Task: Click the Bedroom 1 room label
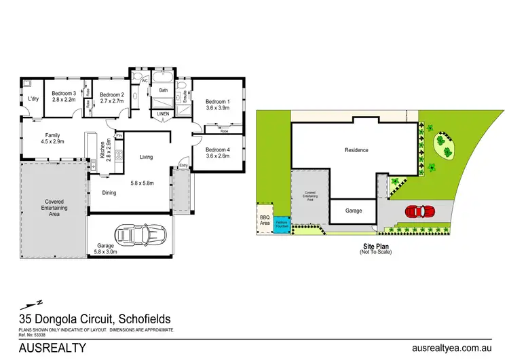pos(219,102)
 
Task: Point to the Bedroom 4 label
pos(218,149)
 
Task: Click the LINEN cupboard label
pos(163,113)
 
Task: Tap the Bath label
pos(163,90)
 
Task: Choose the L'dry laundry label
pos(32,99)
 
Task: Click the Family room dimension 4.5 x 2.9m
pos(52,141)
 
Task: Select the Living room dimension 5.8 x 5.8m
pos(146,183)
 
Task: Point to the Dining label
pos(109,193)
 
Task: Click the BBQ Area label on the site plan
pos(265,220)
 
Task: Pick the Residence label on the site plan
pos(356,150)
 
